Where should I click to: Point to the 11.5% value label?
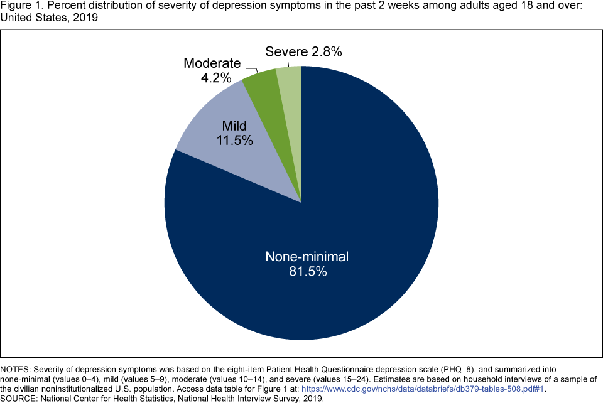coord(235,140)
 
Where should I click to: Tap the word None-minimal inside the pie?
coord(306,257)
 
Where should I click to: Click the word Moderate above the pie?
coord(212,63)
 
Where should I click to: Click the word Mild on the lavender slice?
coord(235,125)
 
